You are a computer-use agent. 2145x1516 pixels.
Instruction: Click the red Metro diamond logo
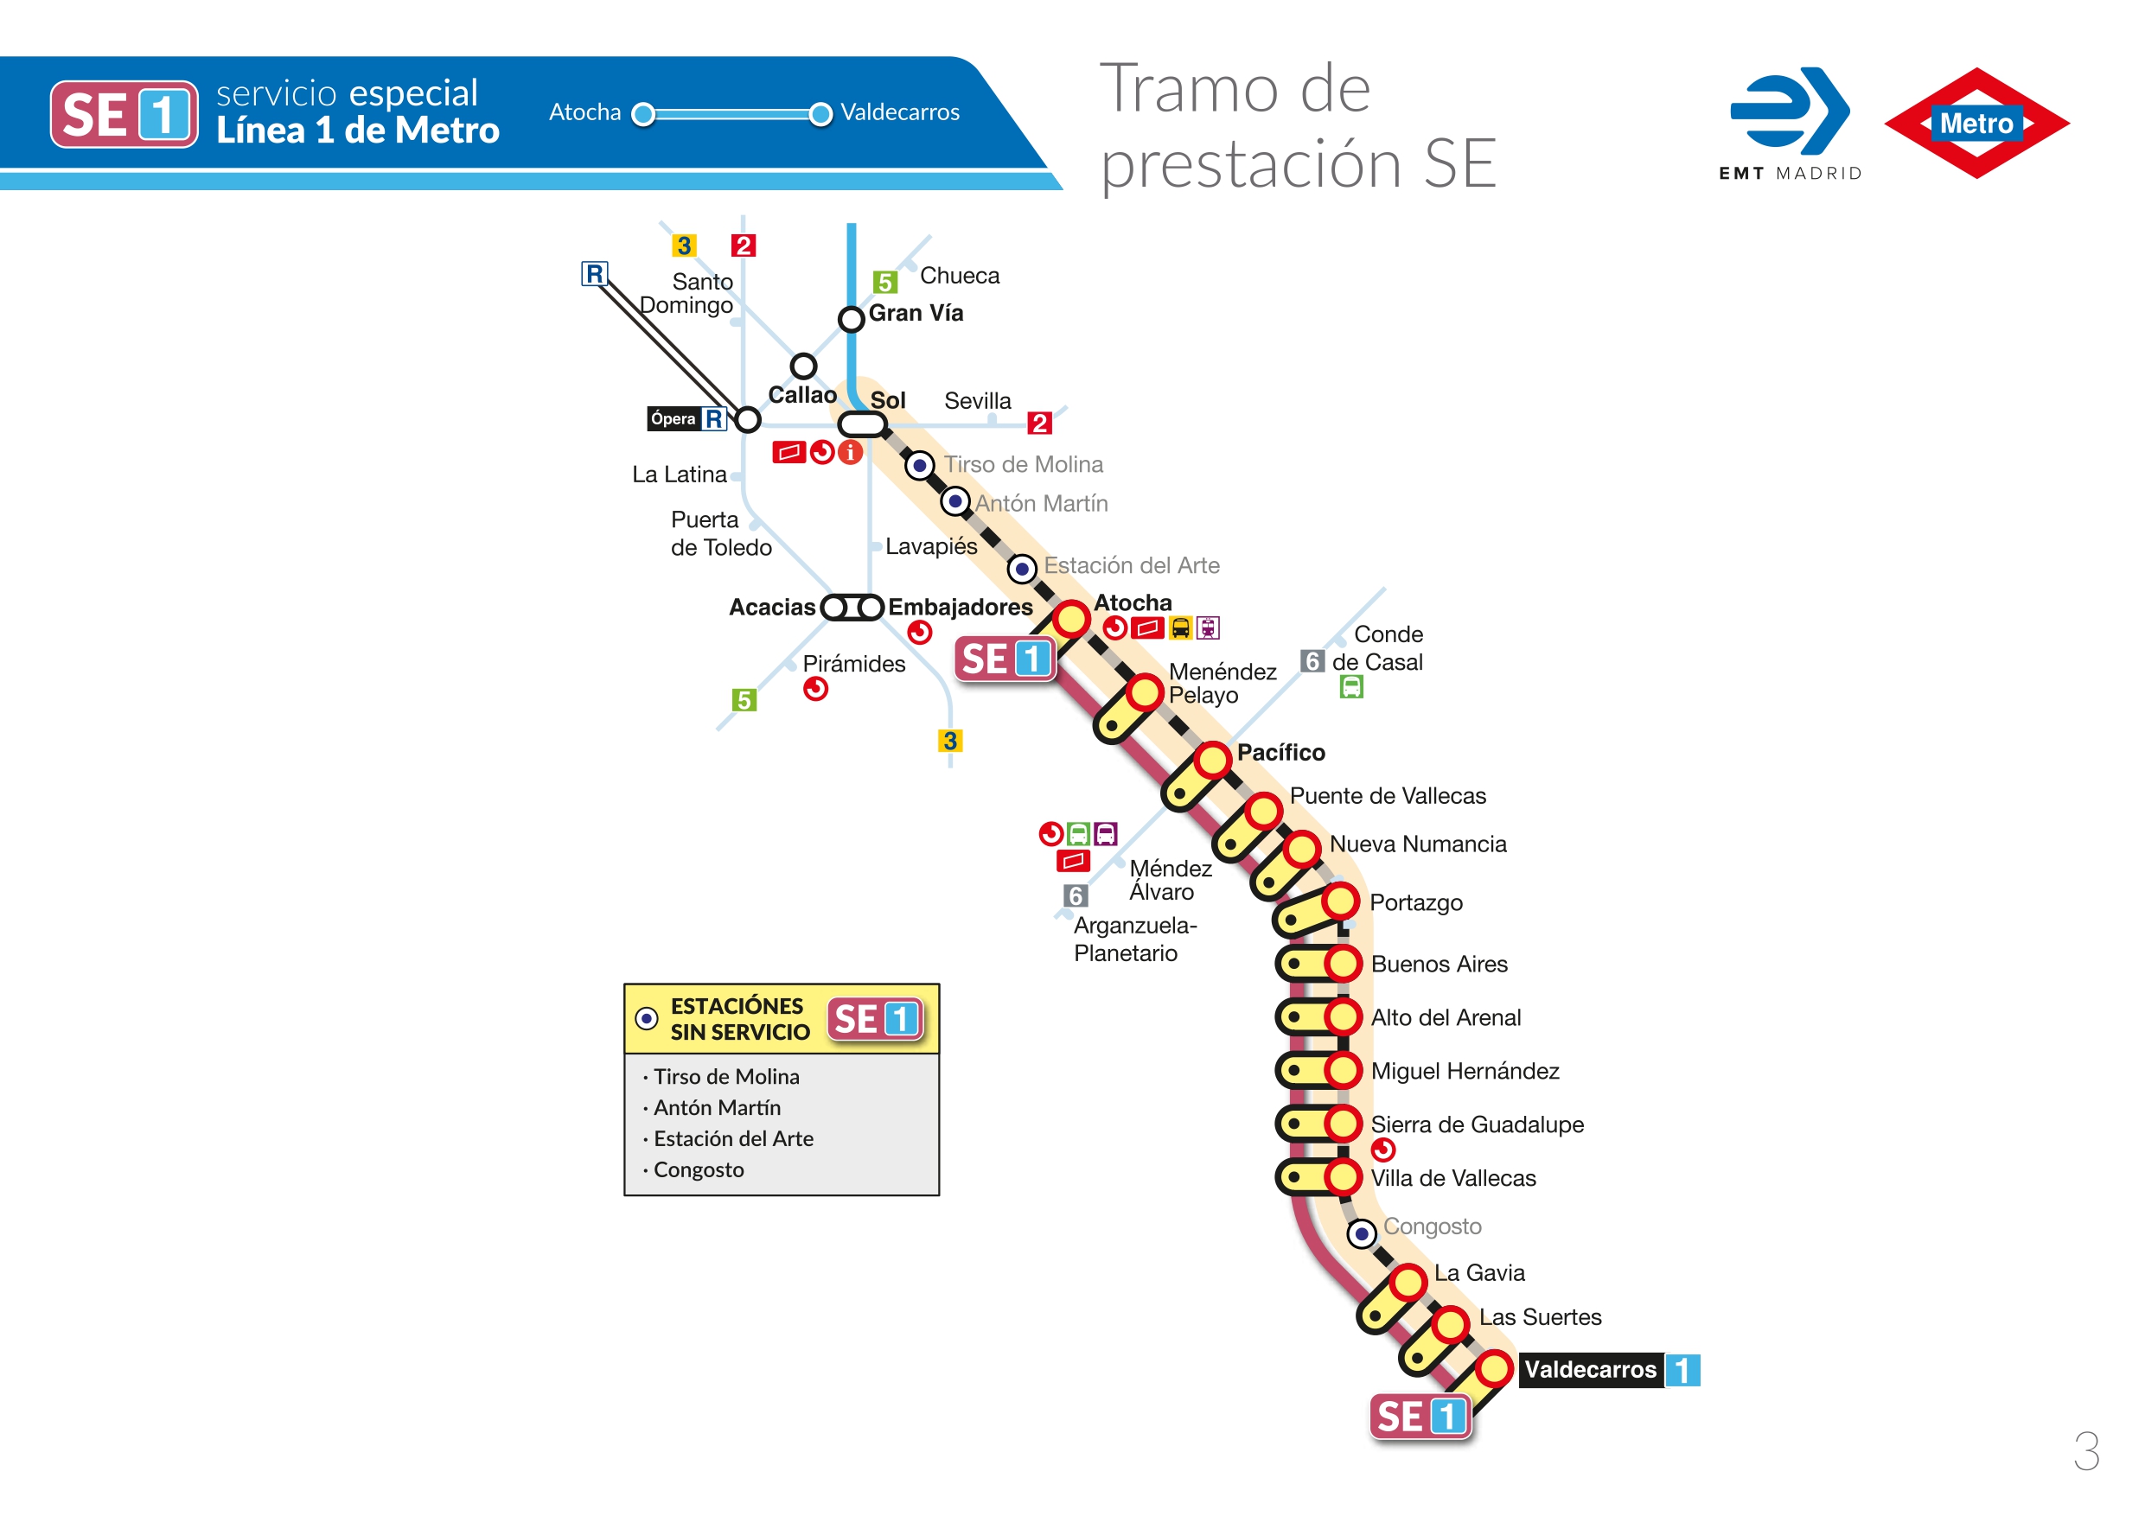[x=1976, y=124]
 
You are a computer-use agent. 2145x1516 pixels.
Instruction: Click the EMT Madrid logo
[x=1789, y=121]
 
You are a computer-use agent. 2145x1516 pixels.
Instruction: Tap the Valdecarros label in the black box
[x=1590, y=1369]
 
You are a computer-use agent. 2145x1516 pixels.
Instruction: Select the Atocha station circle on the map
[x=1070, y=618]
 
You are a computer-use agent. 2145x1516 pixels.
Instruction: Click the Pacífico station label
[x=1280, y=752]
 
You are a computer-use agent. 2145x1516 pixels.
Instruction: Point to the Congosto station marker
[x=1361, y=1234]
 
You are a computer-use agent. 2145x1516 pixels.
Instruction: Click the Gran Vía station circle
[x=850, y=320]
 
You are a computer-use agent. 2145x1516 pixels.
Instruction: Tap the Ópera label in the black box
[x=673, y=418]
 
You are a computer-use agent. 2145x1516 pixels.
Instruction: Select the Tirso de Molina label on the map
[x=1023, y=464]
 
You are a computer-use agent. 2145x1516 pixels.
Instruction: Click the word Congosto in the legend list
[x=698, y=1169]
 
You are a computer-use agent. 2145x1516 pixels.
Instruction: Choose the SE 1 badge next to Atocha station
[x=1005, y=659]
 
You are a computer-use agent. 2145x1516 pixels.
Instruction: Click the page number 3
[x=2085, y=1450]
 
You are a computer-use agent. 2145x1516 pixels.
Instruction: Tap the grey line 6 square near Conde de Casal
[x=1312, y=661]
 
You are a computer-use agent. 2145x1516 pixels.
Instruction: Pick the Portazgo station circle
[x=1340, y=901]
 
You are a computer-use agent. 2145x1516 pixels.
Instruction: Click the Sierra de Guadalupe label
[x=1477, y=1124]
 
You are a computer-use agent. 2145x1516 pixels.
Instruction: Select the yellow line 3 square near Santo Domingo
[x=684, y=245]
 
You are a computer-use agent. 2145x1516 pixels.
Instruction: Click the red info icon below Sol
[x=849, y=453]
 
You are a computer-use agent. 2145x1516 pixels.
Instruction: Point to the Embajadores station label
[x=960, y=607]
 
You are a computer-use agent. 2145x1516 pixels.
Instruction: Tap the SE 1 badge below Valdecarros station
[x=1420, y=1417]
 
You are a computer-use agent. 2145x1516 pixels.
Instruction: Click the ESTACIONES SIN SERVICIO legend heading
[x=739, y=1019]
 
